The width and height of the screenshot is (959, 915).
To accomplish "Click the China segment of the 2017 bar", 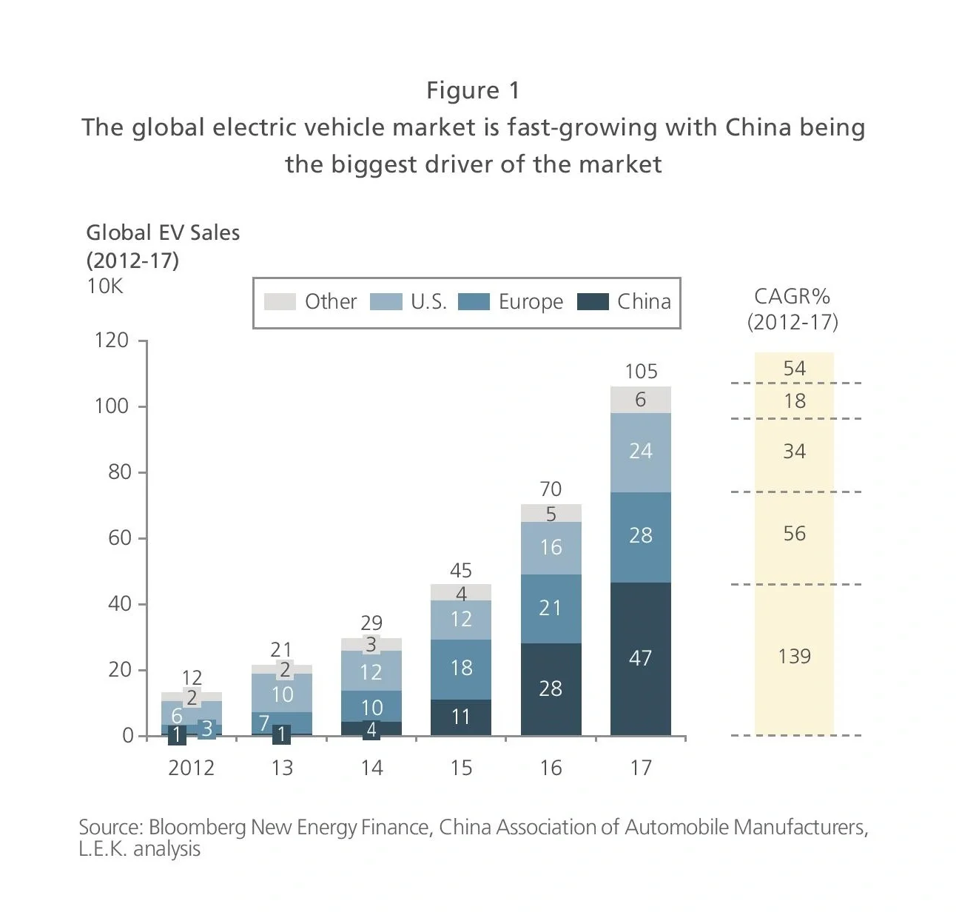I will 640,658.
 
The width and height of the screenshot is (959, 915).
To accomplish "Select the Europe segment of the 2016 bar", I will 551,609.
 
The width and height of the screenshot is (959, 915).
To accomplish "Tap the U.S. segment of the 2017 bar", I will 640,452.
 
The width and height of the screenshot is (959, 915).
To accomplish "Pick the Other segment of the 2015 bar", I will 460,592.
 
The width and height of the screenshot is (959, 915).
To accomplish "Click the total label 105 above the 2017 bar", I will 641,371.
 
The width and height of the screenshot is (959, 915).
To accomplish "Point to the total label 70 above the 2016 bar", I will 551,489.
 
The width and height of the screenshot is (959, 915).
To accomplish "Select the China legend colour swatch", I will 592,302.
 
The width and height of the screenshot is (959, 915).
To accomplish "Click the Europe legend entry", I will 530,302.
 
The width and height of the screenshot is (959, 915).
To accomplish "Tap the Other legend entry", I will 330,302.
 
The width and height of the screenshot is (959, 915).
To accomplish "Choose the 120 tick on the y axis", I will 112,341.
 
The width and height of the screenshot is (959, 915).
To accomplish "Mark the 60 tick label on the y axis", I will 120,538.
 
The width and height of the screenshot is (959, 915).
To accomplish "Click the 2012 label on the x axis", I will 191,768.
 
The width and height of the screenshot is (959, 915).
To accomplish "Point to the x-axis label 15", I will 461,768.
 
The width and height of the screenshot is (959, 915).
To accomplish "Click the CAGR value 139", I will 794,657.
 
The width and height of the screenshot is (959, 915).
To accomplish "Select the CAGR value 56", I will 794,534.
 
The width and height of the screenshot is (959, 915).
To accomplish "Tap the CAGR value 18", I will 794,401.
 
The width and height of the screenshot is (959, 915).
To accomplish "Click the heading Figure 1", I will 473,90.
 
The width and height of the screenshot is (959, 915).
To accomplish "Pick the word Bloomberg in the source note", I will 197,827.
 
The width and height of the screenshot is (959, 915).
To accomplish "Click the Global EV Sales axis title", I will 163,232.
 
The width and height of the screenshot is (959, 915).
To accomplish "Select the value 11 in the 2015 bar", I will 460,717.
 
